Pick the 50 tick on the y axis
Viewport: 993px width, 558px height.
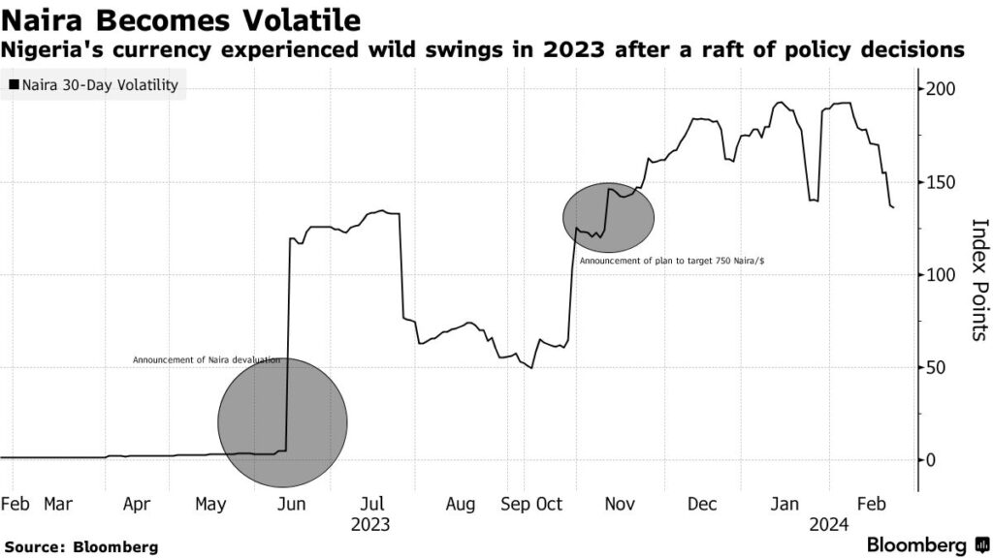point(938,368)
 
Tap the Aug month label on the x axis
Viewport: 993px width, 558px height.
point(461,504)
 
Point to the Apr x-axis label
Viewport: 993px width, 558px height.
point(137,504)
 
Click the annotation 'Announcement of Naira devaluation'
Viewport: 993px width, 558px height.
point(206,360)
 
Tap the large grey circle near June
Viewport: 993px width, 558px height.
point(282,422)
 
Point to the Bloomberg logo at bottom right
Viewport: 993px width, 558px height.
point(925,543)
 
